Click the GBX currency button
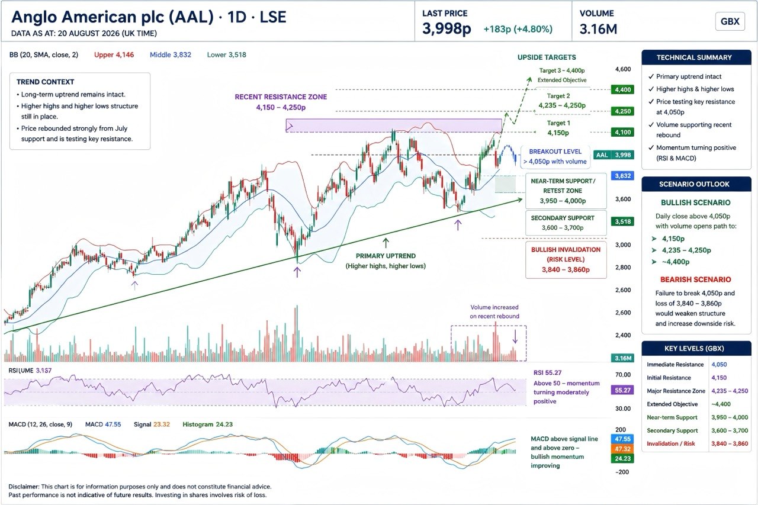pos(730,21)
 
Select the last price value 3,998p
pos(447,28)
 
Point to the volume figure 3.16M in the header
pos(598,29)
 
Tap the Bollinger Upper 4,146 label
pos(114,55)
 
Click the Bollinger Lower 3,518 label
pos(226,55)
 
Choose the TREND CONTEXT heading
pos(45,82)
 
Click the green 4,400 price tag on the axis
pos(622,89)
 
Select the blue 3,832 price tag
pos(622,176)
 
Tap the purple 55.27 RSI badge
pos(622,390)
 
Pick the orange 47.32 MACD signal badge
pos(622,449)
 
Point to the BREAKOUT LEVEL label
pos(555,152)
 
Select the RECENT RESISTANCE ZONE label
pos(281,97)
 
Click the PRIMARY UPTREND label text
pos(386,256)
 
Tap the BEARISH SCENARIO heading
pos(695,279)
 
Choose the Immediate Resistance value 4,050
pos(719,364)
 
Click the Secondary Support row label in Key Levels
pos(672,430)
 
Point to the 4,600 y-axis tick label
pos(622,69)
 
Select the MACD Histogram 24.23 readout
pos(207,424)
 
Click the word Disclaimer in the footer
pos(24,487)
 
